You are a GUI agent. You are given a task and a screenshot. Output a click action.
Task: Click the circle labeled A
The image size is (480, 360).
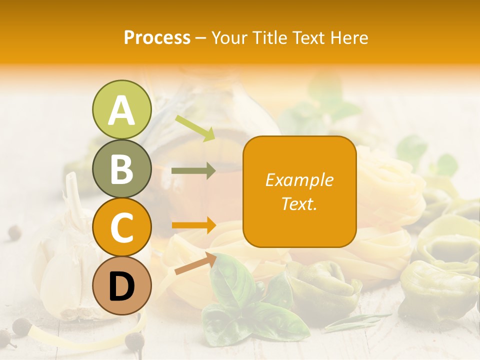click(x=121, y=110)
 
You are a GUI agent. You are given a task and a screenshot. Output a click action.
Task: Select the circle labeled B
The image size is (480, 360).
click(x=121, y=168)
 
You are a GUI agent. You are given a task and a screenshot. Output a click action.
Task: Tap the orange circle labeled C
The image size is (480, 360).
click(x=121, y=227)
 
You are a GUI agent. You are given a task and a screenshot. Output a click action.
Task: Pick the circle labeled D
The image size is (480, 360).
click(x=121, y=285)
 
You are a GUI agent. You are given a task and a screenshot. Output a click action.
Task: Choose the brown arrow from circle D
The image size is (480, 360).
click(x=195, y=263)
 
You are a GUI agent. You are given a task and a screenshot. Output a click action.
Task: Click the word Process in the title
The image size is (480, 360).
click(x=157, y=38)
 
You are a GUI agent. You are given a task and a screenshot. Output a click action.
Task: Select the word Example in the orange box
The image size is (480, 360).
click(x=299, y=180)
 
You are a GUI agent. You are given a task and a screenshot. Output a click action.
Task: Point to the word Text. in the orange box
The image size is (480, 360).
click(x=299, y=203)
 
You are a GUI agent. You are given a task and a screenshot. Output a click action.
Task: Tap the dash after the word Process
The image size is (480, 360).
click(x=201, y=38)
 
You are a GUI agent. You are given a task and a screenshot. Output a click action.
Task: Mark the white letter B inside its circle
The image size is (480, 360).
click(x=121, y=168)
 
